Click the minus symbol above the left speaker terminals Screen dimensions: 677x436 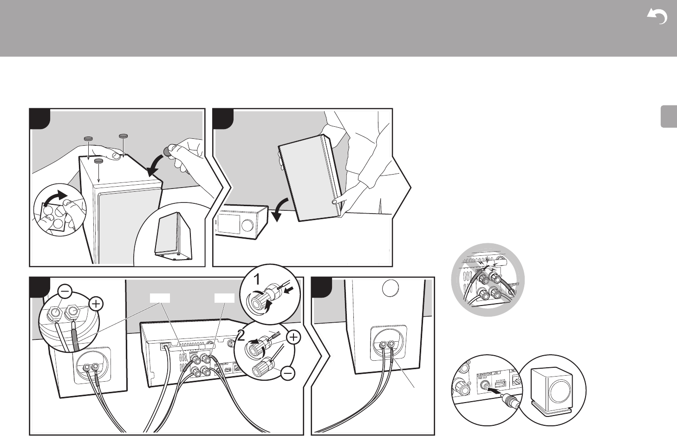click(x=65, y=292)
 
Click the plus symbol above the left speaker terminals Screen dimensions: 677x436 click(x=96, y=304)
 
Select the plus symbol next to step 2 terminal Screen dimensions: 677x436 click(x=293, y=338)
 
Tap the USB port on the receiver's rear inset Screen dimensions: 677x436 click(x=501, y=384)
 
